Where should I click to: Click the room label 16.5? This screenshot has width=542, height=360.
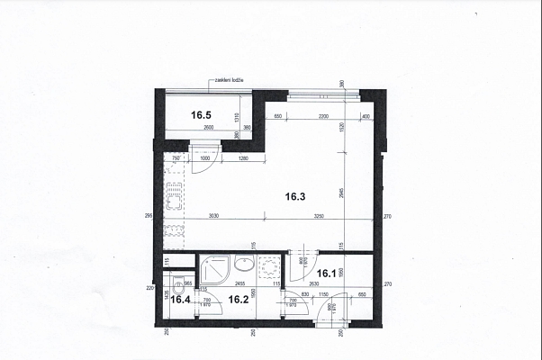point(200,115)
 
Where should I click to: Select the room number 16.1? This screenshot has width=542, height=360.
point(325,274)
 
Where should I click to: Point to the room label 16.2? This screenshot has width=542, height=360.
point(238,300)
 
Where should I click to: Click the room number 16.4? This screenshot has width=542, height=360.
point(181,300)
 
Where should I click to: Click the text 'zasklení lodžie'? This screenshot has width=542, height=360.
point(230,81)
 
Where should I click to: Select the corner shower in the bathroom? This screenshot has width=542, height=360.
point(215,268)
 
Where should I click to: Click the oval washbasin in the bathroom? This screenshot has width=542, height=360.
point(244,265)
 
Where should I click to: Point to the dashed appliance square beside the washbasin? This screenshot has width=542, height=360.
point(267,268)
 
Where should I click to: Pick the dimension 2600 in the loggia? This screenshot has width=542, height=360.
point(209,129)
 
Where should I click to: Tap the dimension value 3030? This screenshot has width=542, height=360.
point(212,217)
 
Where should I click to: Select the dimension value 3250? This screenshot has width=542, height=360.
point(321,217)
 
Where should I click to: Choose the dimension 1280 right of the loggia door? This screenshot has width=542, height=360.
point(243,160)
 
